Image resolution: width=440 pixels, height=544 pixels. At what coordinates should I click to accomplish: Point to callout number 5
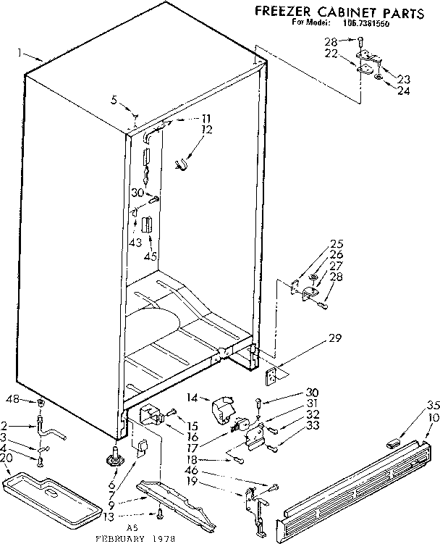click(x=114, y=101)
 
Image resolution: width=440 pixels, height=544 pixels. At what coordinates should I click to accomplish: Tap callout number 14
click(x=192, y=398)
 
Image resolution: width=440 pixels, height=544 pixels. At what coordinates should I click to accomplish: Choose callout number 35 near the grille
click(x=433, y=405)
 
